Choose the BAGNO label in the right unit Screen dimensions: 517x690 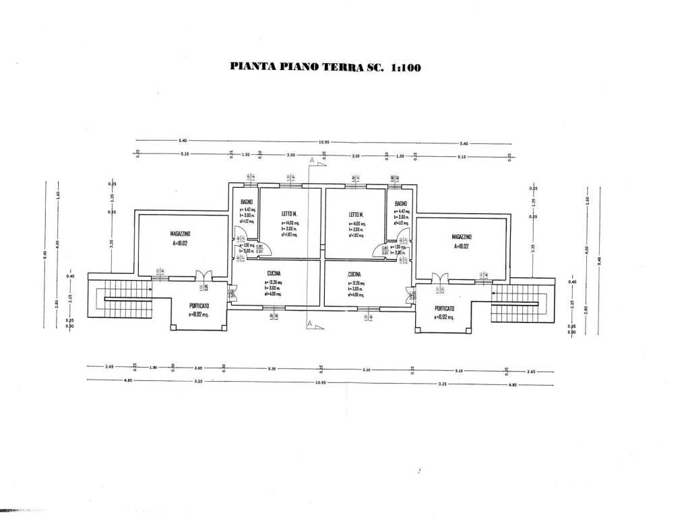click(401, 203)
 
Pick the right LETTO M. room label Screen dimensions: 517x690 click(356, 215)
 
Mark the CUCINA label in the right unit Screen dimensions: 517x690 click(355, 275)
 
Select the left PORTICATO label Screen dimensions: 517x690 click(189, 306)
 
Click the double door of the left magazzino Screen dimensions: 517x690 click(203, 276)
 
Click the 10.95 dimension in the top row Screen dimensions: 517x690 click(323, 142)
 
